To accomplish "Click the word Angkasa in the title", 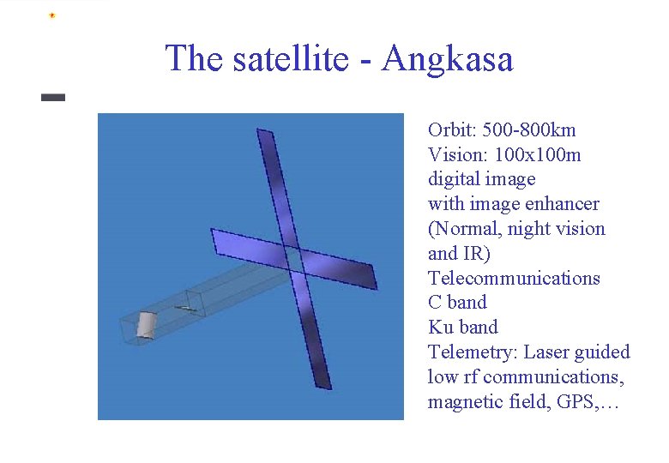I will [448, 59].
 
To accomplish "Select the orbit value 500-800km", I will [529, 130].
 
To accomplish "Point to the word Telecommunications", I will [514, 278].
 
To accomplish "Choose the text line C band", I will [457, 303].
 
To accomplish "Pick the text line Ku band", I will [462, 327].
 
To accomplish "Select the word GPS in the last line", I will [576, 401].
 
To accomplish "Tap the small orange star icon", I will [52, 15].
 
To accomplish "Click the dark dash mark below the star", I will [53, 98].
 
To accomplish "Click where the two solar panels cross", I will [296, 261].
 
